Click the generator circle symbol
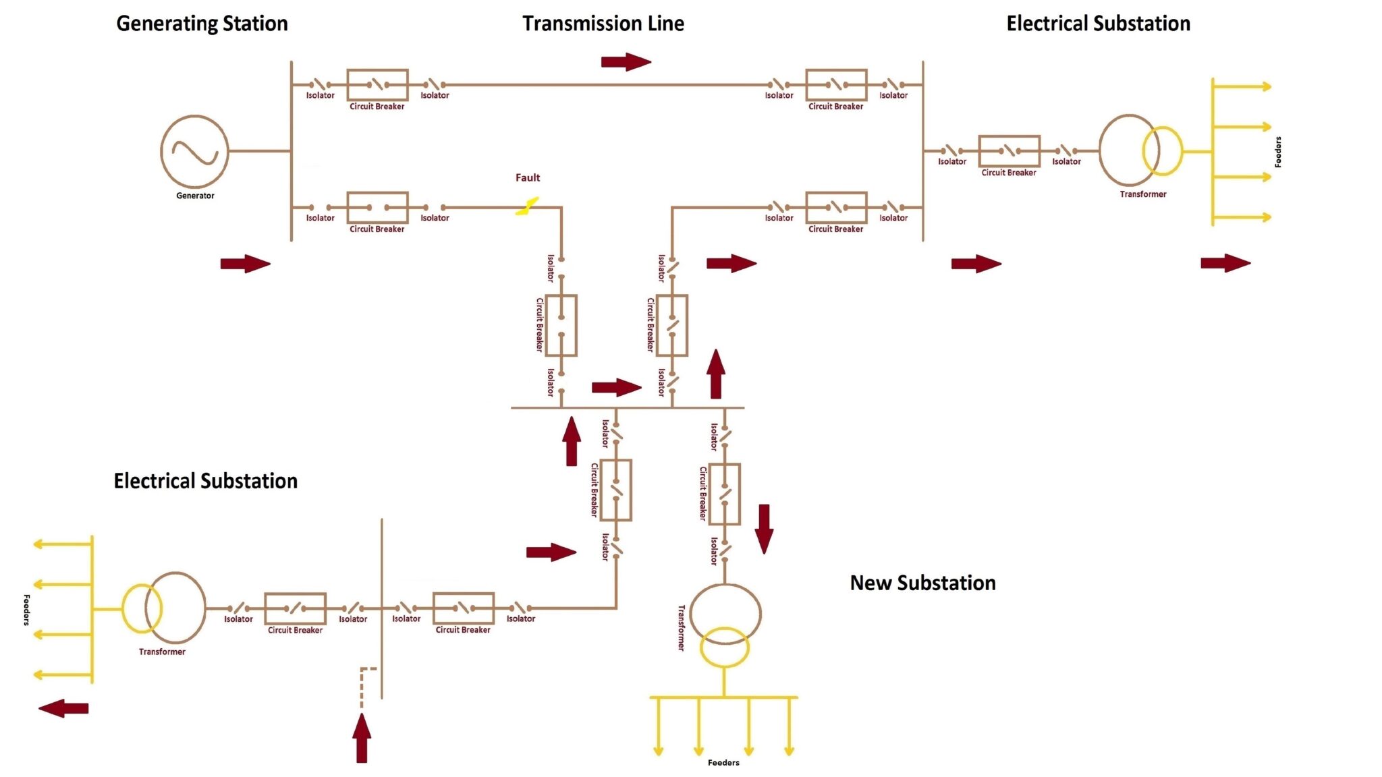pyautogui.click(x=194, y=151)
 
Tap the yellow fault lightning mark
pyautogui.click(x=527, y=206)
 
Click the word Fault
pyautogui.click(x=527, y=177)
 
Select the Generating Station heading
pyautogui.click(x=202, y=24)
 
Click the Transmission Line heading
pyautogui.click(x=603, y=24)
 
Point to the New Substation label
pyautogui.click(x=922, y=583)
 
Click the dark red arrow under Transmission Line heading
pyautogui.click(x=626, y=62)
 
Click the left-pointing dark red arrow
pyautogui.click(x=63, y=708)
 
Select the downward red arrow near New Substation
pyautogui.click(x=764, y=529)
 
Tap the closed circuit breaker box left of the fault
pyautogui.click(x=377, y=208)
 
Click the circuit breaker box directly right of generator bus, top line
pyautogui.click(x=377, y=85)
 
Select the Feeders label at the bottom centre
pyautogui.click(x=723, y=762)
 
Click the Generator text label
pyautogui.click(x=195, y=196)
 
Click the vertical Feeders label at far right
pyautogui.click(x=1277, y=152)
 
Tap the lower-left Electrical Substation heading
pyautogui.click(x=205, y=481)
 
